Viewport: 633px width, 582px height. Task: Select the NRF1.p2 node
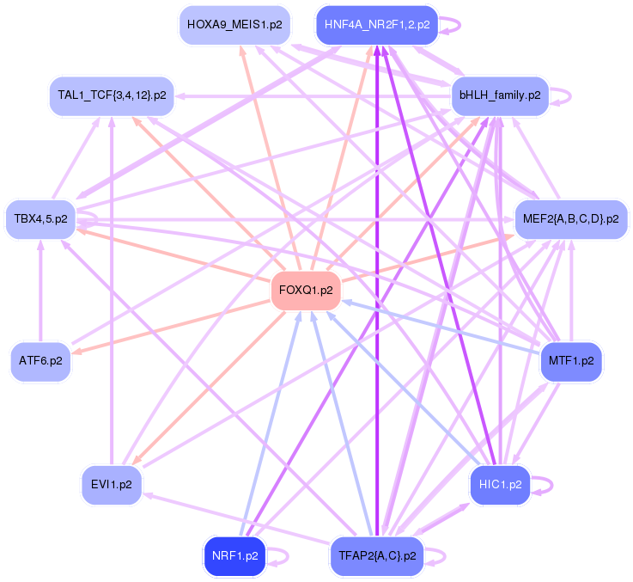(234, 555)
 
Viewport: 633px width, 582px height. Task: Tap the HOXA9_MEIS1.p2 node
(234, 25)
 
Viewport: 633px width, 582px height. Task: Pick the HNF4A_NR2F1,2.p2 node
(377, 25)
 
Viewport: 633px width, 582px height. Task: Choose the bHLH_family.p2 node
(500, 95)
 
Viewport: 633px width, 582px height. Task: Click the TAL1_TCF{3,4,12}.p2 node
(112, 95)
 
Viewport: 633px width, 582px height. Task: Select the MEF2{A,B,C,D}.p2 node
(570, 219)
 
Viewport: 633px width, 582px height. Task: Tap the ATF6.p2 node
(40, 362)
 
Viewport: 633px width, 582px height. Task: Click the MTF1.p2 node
(571, 362)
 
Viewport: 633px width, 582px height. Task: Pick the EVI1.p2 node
(112, 485)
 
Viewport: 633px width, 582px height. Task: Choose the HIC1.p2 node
(500, 485)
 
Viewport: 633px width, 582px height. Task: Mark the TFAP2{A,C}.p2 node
(376, 555)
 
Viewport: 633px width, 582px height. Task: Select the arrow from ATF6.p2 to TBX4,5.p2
(40, 292)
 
